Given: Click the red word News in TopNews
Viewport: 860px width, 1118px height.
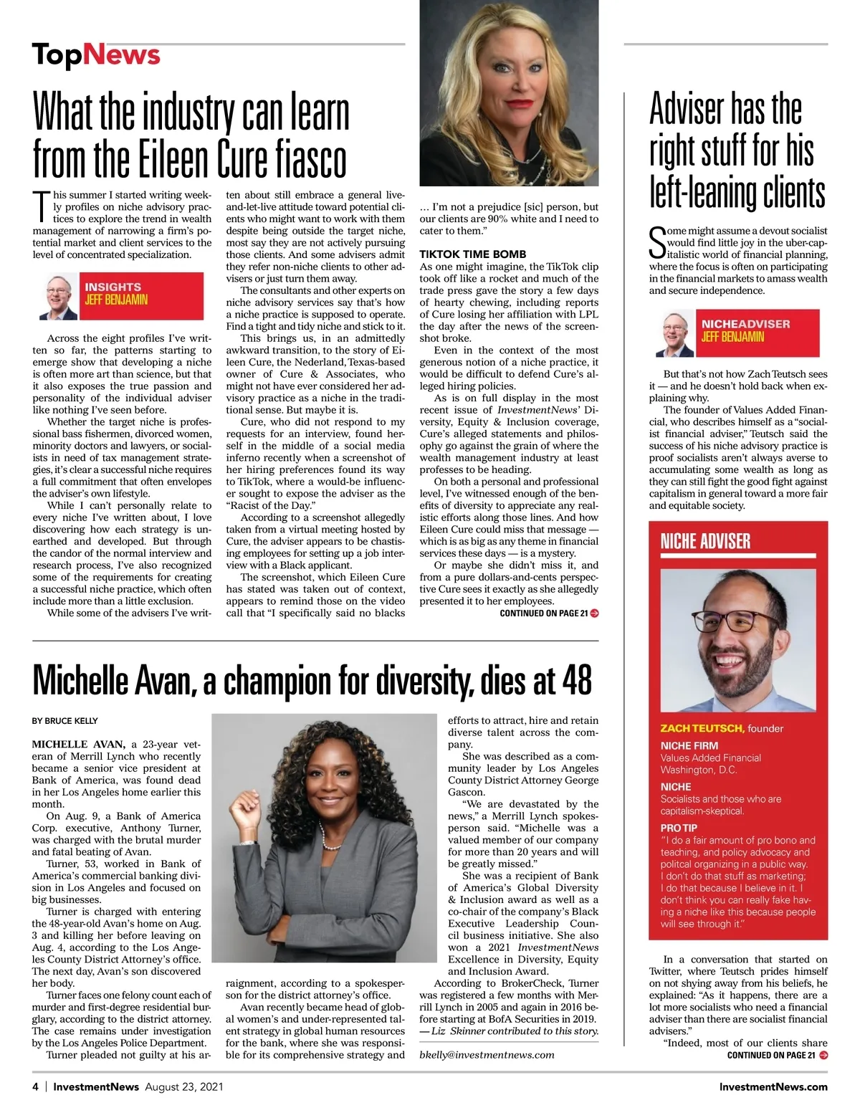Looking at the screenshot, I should tap(121, 54).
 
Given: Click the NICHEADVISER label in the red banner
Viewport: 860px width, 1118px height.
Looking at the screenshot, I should tap(745, 324).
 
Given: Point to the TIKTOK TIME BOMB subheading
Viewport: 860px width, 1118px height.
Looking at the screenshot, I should tap(472, 254).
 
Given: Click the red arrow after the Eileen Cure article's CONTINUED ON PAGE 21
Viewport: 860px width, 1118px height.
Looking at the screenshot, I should tap(594, 613).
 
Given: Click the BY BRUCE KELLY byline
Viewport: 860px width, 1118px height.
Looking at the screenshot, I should tap(65, 721).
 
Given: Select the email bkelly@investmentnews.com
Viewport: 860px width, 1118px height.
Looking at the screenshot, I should tap(487, 1054).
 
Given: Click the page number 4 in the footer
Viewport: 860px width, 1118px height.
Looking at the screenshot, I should tap(35, 1086).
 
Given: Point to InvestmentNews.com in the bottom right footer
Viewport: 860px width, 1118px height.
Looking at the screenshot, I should tap(773, 1086).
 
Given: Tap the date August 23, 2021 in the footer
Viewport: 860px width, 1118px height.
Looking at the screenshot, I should tap(183, 1086).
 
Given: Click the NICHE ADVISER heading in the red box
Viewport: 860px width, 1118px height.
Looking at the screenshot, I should tap(705, 542).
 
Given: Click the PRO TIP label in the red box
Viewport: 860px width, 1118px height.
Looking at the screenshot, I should tap(679, 828).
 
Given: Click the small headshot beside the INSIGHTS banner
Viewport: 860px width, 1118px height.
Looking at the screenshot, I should tap(58, 296).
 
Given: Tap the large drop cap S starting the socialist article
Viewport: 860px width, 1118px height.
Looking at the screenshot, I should tap(657, 243).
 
